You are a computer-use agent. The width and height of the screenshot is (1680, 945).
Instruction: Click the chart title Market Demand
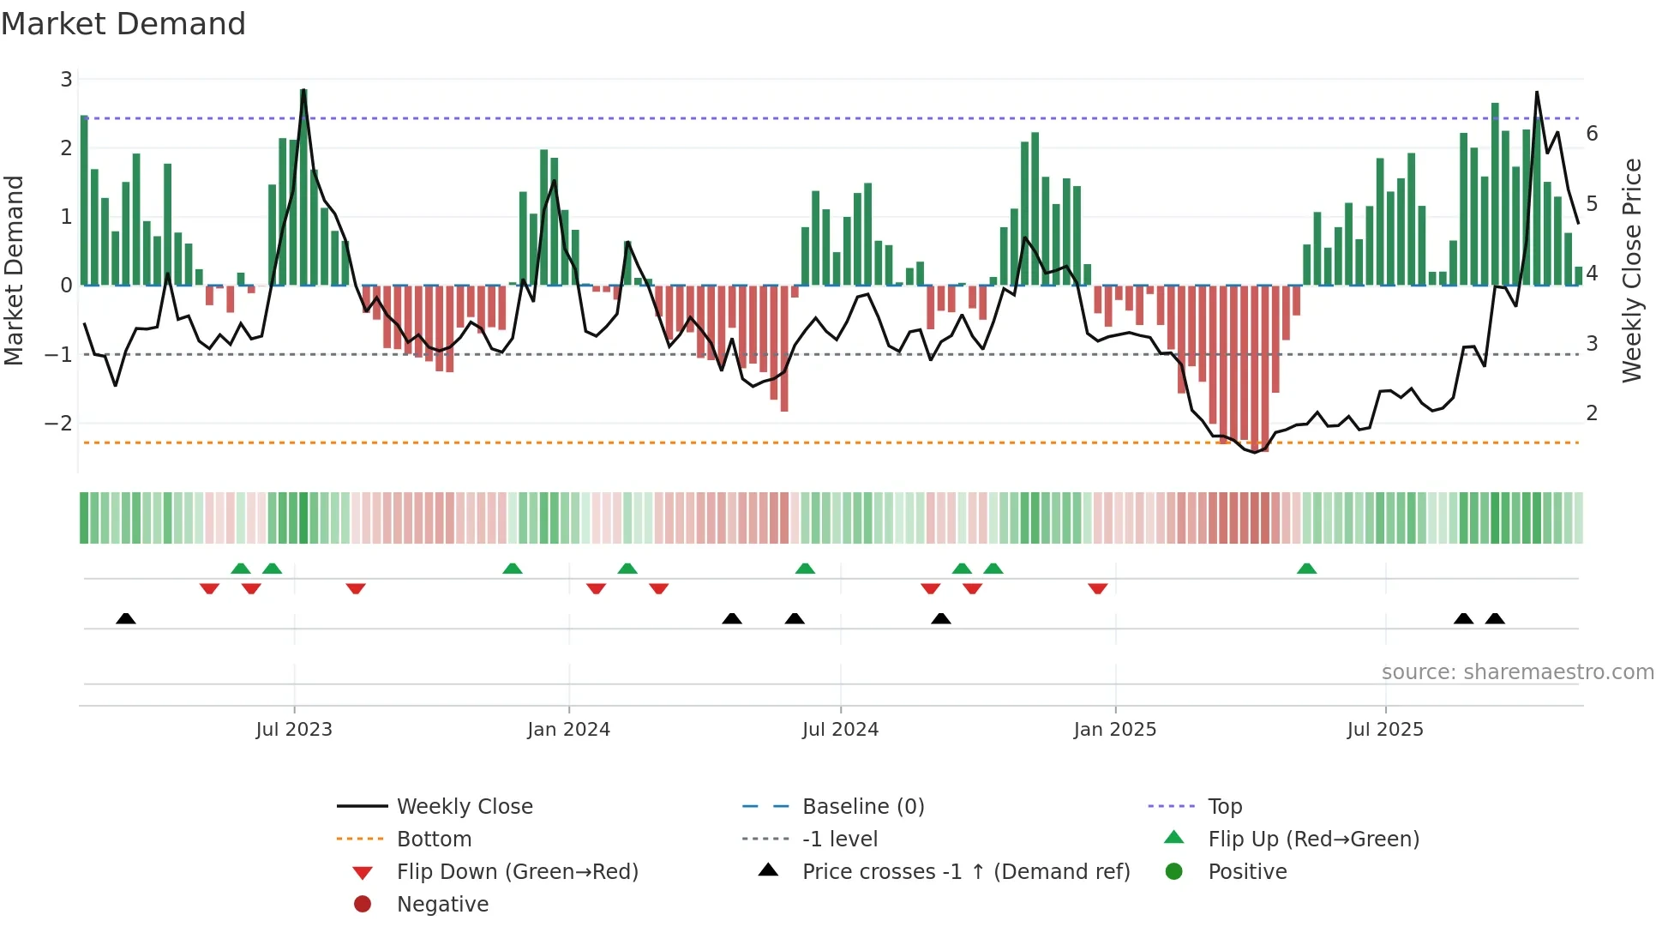click(123, 24)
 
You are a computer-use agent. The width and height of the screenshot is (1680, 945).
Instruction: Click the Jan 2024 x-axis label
click(568, 730)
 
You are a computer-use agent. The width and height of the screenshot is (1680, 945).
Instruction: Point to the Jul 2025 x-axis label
click(1384, 730)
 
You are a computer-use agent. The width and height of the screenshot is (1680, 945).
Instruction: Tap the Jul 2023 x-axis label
click(294, 730)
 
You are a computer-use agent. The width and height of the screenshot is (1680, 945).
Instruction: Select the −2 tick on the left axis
click(58, 424)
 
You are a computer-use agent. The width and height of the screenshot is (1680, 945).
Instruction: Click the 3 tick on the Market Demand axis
click(66, 80)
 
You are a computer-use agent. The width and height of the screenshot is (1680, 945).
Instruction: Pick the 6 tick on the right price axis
click(1592, 134)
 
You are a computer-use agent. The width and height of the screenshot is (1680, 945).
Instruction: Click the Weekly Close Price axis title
click(1632, 270)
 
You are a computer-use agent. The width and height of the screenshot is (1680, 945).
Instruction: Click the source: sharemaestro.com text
click(1517, 672)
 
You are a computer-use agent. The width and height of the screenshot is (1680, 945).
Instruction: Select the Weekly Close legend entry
click(464, 807)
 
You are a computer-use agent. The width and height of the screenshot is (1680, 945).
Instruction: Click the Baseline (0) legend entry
click(862, 807)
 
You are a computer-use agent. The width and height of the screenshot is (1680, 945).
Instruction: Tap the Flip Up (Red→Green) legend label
click(1313, 840)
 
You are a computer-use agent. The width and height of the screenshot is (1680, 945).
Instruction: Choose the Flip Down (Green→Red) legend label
click(517, 872)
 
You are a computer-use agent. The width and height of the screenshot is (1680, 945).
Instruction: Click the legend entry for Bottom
click(434, 840)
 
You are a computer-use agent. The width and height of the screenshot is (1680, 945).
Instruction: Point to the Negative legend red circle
click(363, 905)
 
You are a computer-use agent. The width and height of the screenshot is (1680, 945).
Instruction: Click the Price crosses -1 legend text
click(965, 872)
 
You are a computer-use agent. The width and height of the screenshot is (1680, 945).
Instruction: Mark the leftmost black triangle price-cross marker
click(126, 618)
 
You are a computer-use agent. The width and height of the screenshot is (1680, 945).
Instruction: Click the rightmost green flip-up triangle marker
click(1306, 569)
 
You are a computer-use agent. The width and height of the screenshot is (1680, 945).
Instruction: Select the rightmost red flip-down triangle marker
click(1098, 588)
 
